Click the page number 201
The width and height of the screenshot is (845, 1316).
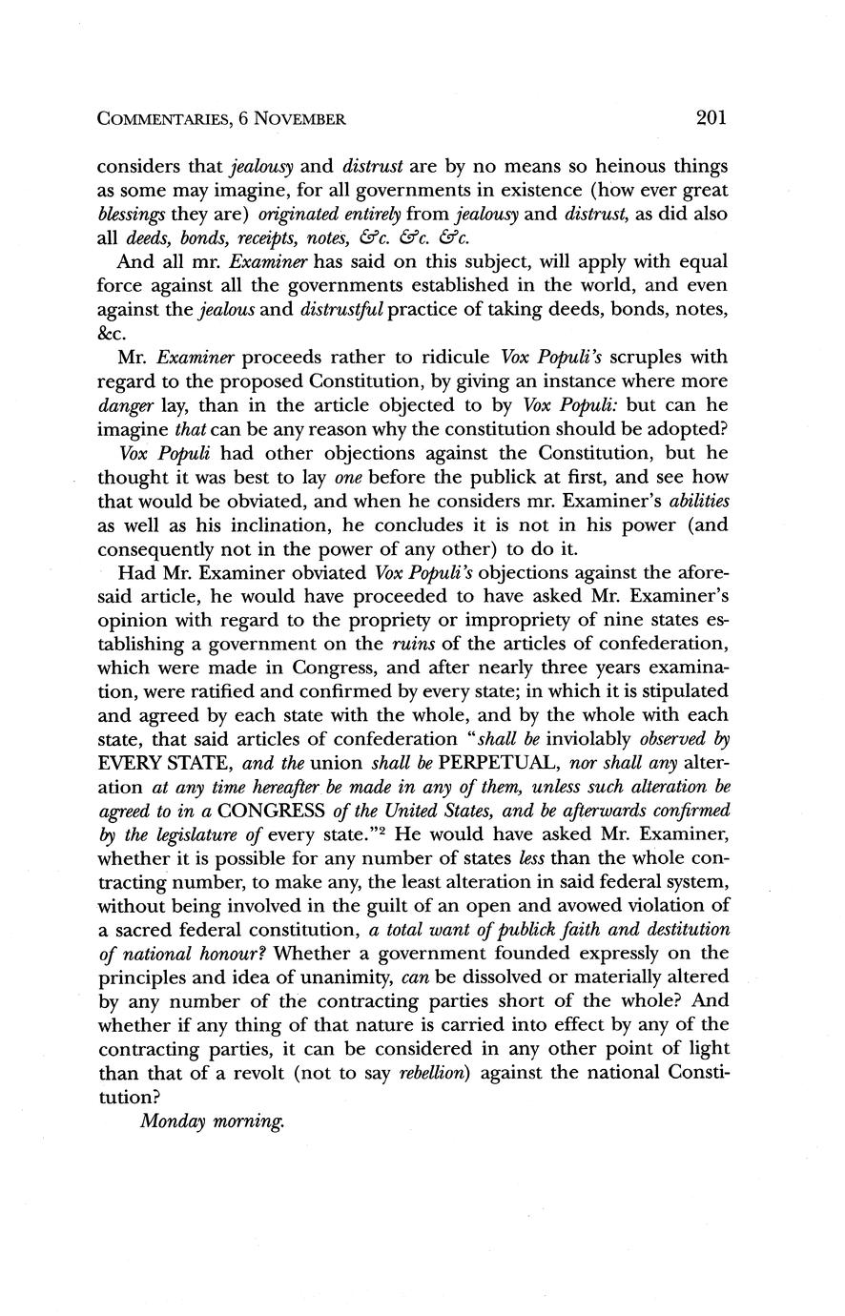[x=711, y=118]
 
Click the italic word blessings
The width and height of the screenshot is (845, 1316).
[x=131, y=213]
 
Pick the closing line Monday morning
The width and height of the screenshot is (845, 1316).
[x=212, y=1121]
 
